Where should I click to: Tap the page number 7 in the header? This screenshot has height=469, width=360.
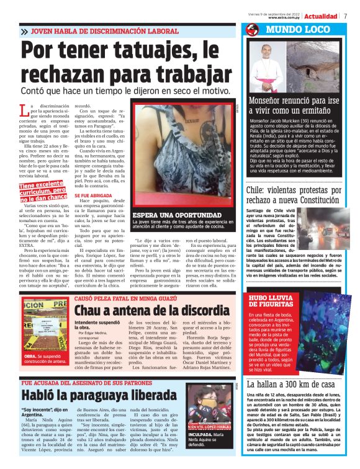345,16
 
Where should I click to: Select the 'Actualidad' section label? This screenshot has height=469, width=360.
321,16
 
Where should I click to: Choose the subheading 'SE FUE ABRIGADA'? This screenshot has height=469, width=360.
94,196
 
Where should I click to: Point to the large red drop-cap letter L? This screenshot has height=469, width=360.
24,110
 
